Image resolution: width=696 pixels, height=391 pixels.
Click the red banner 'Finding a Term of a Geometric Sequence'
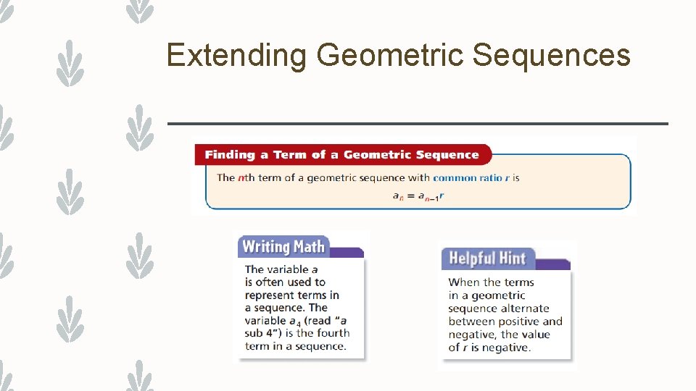[341, 155]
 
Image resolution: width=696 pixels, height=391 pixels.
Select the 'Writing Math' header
[283, 247]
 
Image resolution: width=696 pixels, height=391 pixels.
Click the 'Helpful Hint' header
[487, 258]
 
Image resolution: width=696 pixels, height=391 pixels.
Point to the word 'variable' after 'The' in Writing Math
[289, 269]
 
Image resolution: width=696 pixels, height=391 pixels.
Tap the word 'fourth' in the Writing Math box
[333, 333]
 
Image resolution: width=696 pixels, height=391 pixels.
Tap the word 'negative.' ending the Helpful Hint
[505, 348]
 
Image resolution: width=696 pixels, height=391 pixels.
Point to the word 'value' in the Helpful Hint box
[534, 335]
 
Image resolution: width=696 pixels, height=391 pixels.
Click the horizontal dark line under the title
[418, 124]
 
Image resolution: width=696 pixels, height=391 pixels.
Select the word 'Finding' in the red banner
[230, 155]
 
